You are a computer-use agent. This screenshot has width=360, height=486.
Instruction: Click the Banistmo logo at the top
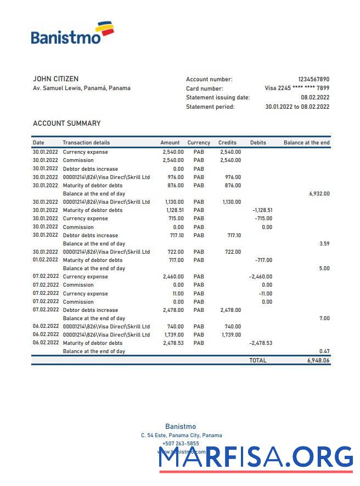coord(72,33)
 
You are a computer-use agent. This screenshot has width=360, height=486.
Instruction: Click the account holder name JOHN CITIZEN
coord(55,79)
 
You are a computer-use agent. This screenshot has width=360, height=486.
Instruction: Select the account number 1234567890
coord(313,80)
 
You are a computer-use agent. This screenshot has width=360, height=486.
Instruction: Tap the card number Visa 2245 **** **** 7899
coord(297,88)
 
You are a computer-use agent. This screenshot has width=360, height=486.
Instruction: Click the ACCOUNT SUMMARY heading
coord(66,124)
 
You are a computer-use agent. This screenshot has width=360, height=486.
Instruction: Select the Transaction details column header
coord(86,143)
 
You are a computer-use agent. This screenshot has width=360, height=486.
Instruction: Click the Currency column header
coord(199,143)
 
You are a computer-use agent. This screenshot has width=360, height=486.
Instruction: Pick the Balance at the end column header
coord(306,143)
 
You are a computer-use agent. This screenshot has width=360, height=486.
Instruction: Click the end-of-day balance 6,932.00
coord(319,194)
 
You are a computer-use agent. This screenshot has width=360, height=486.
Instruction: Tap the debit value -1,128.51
coord(262,210)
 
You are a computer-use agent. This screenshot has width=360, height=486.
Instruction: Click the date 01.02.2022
coord(45,260)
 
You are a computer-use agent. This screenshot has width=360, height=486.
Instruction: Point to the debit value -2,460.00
coord(261,277)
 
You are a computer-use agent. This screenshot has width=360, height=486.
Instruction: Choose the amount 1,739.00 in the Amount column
coord(174,335)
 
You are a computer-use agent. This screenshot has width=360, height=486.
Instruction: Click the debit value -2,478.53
coord(261,343)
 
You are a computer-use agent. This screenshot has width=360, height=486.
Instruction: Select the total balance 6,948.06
coord(318,361)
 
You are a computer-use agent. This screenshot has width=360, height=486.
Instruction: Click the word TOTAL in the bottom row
coord(257,361)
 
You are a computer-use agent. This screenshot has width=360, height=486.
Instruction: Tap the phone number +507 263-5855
coord(181,444)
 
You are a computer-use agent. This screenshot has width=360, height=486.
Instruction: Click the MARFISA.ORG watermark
coord(256,457)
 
